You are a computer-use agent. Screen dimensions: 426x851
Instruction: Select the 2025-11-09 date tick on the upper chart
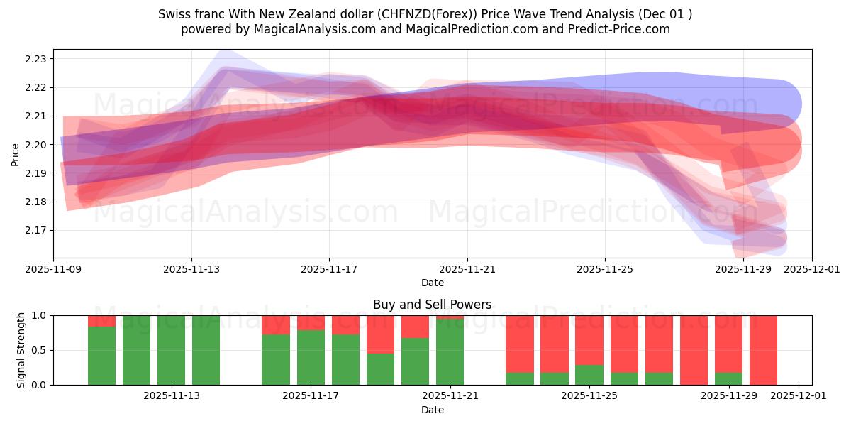tap(53, 269)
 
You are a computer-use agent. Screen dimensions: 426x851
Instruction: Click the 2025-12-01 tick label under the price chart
tap(812, 269)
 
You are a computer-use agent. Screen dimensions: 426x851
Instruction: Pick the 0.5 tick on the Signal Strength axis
tap(38, 350)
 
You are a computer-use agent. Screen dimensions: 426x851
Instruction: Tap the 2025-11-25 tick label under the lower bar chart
tap(589, 395)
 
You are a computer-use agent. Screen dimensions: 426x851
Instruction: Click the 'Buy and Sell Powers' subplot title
tap(432, 305)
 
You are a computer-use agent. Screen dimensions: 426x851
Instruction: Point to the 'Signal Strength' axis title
tap(21, 350)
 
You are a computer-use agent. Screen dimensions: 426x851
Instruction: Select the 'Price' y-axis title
tap(16, 153)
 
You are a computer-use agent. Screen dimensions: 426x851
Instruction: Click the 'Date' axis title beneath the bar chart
tap(432, 410)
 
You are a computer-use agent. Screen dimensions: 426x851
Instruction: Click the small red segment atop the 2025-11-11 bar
tap(101, 321)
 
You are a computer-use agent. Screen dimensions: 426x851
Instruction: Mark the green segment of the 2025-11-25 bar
tap(589, 375)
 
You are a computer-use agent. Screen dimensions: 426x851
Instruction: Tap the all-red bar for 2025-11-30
tap(763, 350)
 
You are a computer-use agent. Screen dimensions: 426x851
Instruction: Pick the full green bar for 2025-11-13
tap(171, 350)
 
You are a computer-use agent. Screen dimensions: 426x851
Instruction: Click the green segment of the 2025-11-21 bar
tap(450, 352)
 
